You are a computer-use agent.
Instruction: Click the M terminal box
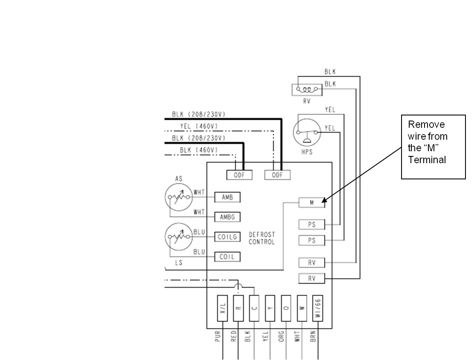click(x=312, y=203)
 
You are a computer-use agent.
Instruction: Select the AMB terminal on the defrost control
click(x=227, y=197)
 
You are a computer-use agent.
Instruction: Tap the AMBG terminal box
click(x=227, y=217)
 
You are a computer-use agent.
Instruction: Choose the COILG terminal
click(x=227, y=237)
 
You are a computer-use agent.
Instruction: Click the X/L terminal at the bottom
click(x=223, y=308)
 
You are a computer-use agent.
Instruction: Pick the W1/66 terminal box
click(x=318, y=308)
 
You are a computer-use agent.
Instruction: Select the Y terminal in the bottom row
click(x=270, y=308)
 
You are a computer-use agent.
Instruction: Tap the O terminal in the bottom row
click(x=286, y=308)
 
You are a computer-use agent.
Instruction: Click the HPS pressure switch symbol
click(x=307, y=132)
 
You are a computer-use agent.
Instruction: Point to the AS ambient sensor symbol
click(x=179, y=197)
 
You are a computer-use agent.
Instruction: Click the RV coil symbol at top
click(x=307, y=90)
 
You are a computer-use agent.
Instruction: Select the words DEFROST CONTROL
click(x=262, y=238)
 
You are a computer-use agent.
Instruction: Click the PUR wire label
click(x=218, y=336)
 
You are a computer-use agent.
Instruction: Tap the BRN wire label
click(x=313, y=336)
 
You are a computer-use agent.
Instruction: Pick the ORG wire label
click(x=281, y=336)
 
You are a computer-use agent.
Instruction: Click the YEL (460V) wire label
click(x=199, y=126)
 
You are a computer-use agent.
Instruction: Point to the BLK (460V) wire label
click(x=199, y=150)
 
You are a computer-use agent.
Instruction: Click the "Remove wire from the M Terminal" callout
click(x=433, y=147)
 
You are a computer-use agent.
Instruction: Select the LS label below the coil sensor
click(x=179, y=263)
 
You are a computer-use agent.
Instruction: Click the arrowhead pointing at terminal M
click(x=324, y=200)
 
